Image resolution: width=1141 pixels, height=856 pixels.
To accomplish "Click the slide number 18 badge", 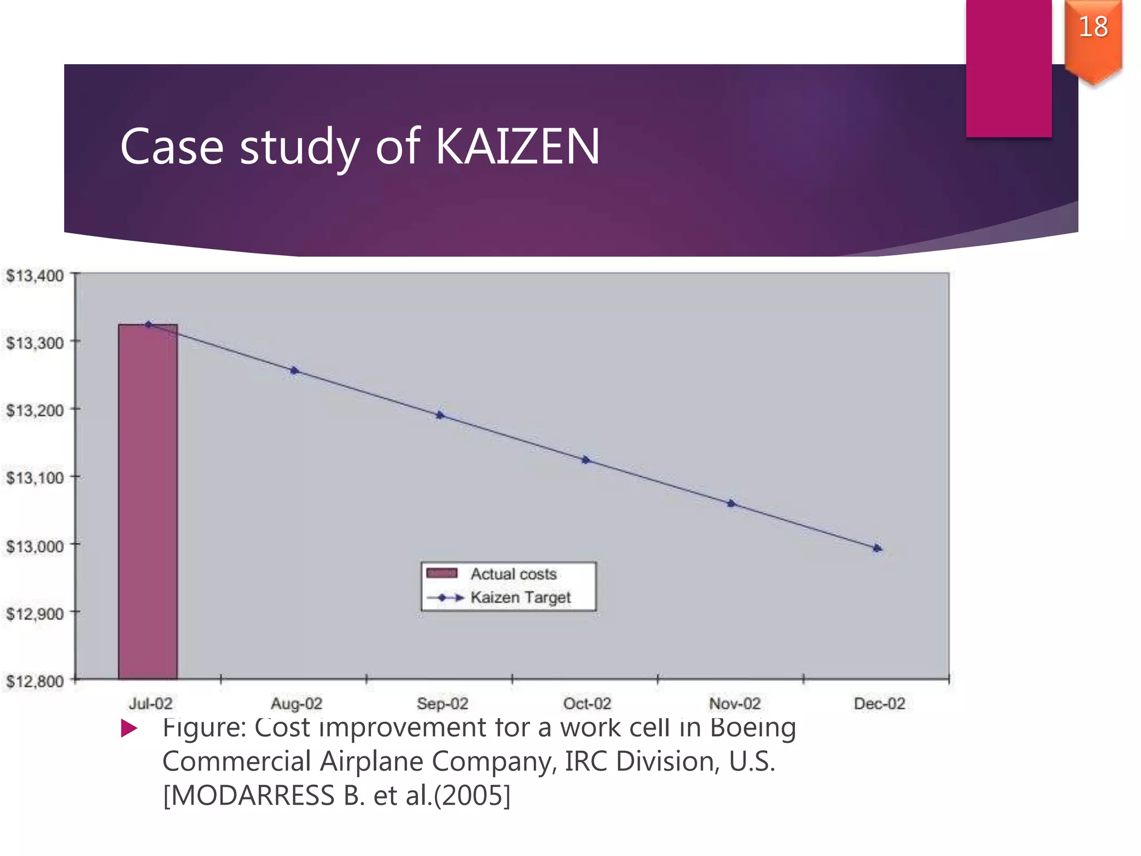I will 1093,28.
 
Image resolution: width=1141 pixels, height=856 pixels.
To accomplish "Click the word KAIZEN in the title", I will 517,147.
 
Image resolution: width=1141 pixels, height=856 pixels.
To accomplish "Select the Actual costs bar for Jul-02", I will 148,502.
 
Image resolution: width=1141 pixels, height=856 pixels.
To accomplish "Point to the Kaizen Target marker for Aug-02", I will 294,371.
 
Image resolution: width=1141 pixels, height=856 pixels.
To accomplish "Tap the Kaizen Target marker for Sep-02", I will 440,415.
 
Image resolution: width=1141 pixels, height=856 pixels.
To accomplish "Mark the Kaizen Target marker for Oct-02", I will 586,460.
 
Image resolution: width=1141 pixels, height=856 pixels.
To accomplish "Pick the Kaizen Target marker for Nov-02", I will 732,504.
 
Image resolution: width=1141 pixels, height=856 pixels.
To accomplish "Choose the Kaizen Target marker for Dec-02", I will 877,548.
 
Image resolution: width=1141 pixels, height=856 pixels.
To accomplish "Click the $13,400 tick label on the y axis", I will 35,276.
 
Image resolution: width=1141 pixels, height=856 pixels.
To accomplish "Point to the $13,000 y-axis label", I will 35,546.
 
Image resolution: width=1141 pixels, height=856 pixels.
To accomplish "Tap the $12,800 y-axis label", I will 35,681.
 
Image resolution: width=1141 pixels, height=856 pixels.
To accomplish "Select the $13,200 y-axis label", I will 35,411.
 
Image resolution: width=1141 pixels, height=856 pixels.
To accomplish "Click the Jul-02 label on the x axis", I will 150,704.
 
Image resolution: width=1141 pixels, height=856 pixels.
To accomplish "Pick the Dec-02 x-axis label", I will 879,704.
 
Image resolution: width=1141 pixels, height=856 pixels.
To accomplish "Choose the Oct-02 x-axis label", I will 587,704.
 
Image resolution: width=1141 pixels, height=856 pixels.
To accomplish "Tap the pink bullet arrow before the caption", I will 129,728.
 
